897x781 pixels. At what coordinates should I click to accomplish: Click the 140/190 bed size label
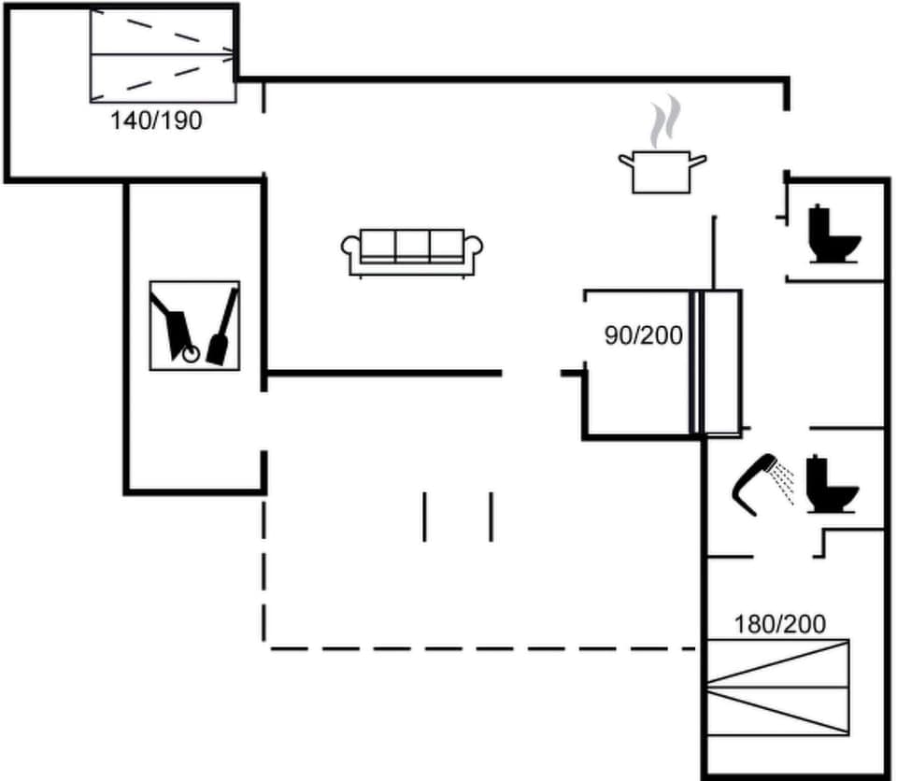[x=156, y=120]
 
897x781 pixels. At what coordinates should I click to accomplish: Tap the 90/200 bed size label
[x=643, y=334]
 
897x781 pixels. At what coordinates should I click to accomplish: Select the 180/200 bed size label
[x=779, y=624]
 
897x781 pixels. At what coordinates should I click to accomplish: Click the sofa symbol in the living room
[x=412, y=252]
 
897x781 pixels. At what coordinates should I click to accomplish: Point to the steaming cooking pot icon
[x=662, y=170]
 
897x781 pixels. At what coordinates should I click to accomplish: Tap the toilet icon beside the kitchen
[x=832, y=234]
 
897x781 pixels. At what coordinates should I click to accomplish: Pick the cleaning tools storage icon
[x=194, y=325]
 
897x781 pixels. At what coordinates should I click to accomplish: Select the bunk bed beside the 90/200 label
[x=716, y=362]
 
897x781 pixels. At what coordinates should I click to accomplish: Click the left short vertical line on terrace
[x=424, y=517]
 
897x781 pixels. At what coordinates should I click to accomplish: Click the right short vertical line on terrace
[x=491, y=517]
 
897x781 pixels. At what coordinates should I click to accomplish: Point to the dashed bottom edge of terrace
[x=481, y=646]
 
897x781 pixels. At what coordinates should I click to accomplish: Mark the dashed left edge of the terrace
[x=265, y=570]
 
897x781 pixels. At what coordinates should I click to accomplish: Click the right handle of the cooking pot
[x=697, y=161]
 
